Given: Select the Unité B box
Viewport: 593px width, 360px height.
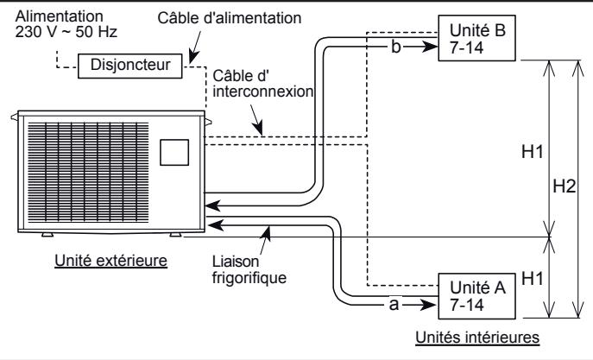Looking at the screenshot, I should pyautogui.click(x=479, y=39).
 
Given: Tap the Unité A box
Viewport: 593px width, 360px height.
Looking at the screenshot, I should pyautogui.click(x=479, y=296).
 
